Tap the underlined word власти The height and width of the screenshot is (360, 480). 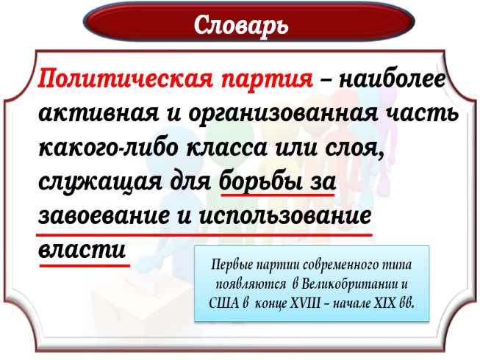[83, 250]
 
